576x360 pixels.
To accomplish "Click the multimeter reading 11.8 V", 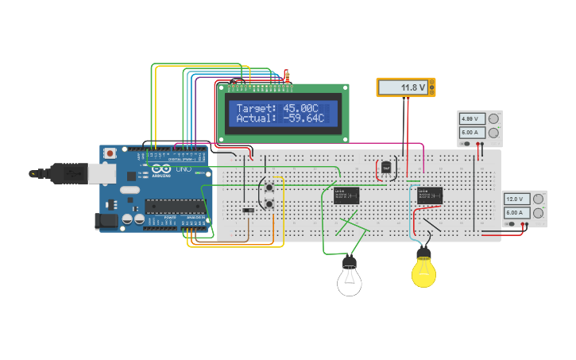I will pos(405,87).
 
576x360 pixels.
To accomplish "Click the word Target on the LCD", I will pos(255,108).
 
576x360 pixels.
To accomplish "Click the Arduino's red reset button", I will pos(111,152).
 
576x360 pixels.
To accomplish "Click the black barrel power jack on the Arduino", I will pos(106,220).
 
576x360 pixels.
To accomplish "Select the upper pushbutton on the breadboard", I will pos(270,188).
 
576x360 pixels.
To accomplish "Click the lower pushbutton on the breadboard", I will pos(270,204).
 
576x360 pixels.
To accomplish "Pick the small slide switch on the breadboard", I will pos(249,211).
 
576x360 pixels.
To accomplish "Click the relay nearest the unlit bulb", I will pos(347,195).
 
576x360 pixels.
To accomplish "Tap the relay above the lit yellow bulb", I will pos(430,195).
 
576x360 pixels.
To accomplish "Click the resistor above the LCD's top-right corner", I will pos(287,75).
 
